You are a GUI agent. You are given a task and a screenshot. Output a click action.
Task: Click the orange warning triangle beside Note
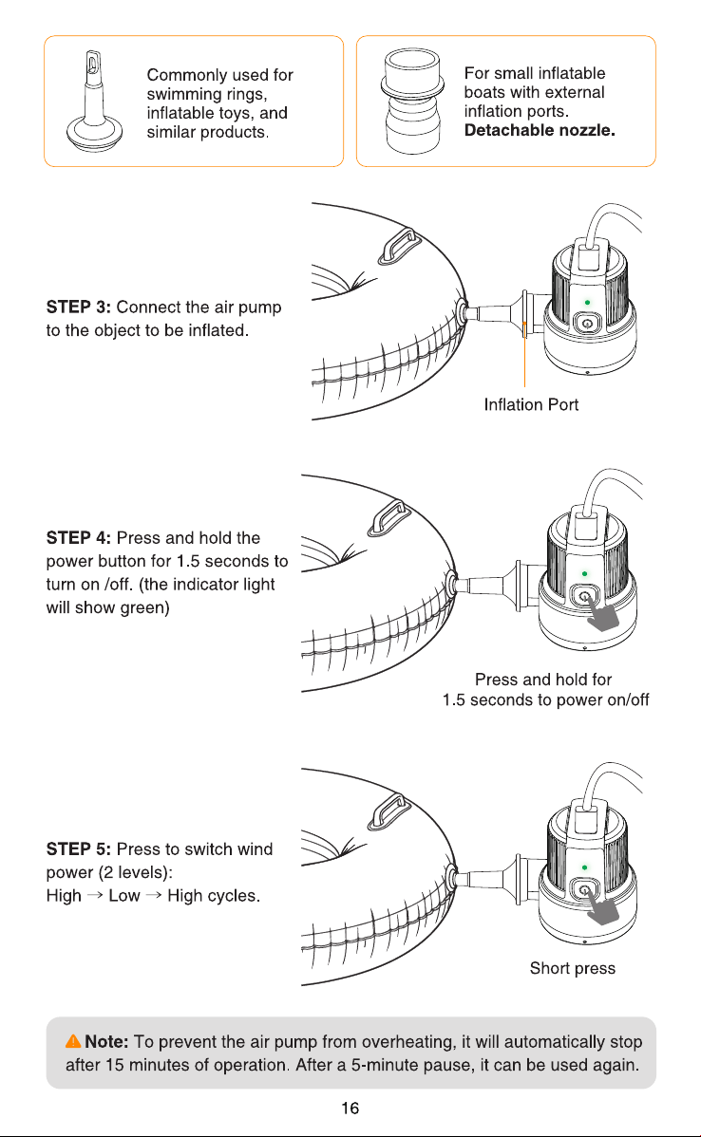(x=73, y=1041)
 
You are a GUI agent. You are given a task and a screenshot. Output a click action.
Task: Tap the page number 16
(x=350, y=1108)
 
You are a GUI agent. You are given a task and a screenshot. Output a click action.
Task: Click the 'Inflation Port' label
(x=531, y=404)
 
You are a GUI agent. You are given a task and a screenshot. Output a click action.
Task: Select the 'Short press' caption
(x=573, y=968)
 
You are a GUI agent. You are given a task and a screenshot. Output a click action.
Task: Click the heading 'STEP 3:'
(x=79, y=307)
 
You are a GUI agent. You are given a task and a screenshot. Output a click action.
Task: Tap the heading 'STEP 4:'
(x=79, y=537)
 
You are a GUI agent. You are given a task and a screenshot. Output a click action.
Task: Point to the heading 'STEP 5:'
(x=79, y=848)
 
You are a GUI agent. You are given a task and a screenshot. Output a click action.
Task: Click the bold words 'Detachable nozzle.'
(x=540, y=130)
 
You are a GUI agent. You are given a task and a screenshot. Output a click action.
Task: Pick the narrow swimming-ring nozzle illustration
(x=94, y=101)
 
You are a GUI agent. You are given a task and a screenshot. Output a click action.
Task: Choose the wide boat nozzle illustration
(x=412, y=101)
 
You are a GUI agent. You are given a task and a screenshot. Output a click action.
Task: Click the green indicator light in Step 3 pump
(x=587, y=303)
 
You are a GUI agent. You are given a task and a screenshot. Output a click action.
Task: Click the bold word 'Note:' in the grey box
(x=106, y=1041)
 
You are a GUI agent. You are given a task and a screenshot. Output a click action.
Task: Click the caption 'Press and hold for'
(x=543, y=680)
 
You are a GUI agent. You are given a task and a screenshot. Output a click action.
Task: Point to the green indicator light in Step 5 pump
(x=585, y=867)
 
